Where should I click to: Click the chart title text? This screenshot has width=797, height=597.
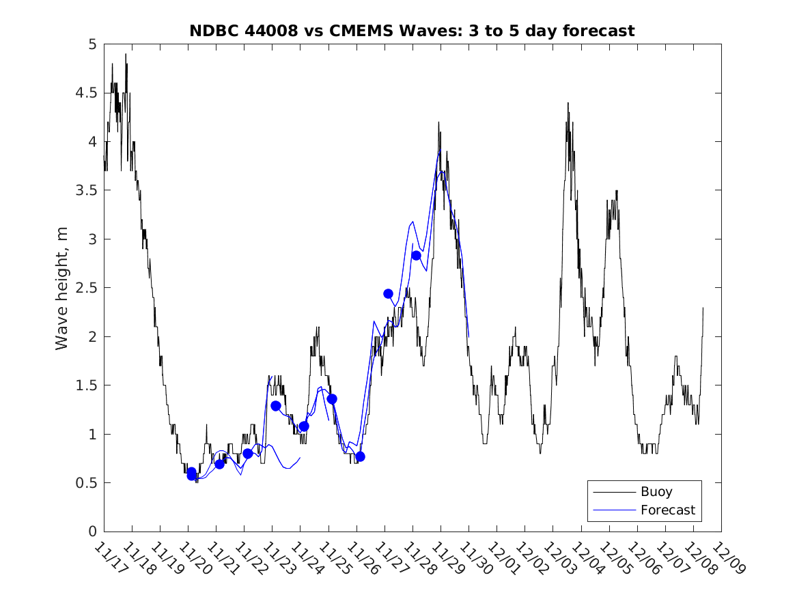413,31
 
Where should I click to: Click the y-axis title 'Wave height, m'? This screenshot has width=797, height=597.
62,288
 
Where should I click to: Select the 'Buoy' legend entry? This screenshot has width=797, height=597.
656,491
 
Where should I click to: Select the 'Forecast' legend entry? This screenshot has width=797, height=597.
667,510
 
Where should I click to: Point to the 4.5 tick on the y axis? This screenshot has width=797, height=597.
91,93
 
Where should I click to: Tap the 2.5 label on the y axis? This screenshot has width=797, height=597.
91,288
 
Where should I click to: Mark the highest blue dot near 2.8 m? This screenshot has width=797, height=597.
416,255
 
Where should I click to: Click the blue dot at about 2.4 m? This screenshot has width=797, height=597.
388,293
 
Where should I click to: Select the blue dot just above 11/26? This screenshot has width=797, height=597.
360,456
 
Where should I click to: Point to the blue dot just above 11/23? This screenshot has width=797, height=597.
276,406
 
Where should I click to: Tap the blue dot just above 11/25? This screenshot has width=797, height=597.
332,399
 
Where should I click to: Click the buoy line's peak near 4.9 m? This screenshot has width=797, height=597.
126,55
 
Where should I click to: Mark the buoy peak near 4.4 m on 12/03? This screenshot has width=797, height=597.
568,103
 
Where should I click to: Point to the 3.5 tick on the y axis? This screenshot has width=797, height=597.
91,190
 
